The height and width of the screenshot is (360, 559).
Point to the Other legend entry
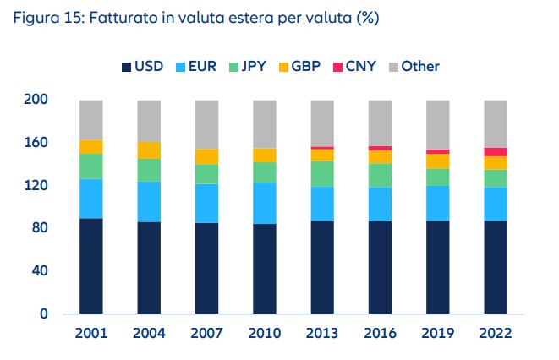click(419, 66)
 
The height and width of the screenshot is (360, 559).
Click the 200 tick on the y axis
click(37, 100)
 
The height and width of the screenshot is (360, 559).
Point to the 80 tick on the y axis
click(41, 228)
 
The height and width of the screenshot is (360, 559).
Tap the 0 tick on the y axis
click(44, 314)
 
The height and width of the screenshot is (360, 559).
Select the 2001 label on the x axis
click(90, 333)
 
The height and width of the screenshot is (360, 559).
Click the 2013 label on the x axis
click(322, 333)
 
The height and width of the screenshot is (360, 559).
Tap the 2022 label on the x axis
click(496, 333)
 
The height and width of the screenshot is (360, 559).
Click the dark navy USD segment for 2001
click(90, 266)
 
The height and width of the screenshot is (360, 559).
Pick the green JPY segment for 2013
click(322, 173)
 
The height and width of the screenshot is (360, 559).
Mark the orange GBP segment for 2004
click(149, 150)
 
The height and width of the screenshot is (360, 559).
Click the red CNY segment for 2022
click(496, 151)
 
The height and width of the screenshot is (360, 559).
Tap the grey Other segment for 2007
click(206, 124)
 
